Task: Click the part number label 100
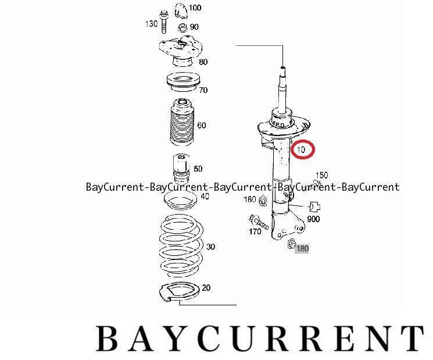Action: (195, 8)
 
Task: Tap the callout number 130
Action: (151, 24)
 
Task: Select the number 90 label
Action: (194, 27)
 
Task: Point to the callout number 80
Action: (203, 62)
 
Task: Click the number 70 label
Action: (203, 90)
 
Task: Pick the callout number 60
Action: (201, 125)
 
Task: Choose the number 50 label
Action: (198, 169)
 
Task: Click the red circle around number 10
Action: (303, 149)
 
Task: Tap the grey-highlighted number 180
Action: (302, 249)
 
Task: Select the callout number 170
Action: (255, 231)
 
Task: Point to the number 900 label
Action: (314, 219)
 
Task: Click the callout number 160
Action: (249, 200)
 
